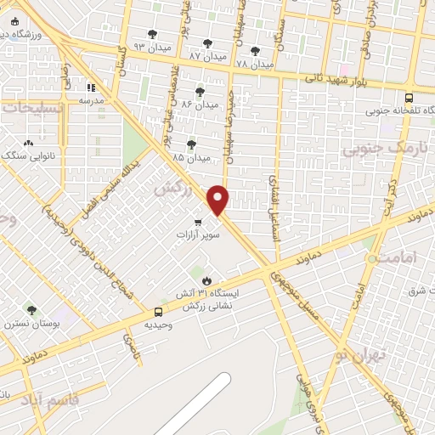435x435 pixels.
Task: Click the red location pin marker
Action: pos(219,201)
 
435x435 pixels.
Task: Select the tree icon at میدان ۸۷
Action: pos(208,42)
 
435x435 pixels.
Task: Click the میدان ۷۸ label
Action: pos(254,65)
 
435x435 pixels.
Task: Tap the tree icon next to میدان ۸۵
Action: pos(191,144)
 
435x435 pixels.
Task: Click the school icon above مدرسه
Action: pos(92,87)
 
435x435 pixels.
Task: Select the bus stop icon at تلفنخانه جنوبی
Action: pos(410,99)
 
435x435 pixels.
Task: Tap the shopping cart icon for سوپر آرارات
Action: pos(197,223)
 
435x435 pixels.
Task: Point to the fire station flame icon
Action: pos(206,280)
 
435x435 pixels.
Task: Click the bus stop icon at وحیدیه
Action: pos(158,313)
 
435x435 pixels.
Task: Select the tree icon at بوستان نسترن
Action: pos(32,311)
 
